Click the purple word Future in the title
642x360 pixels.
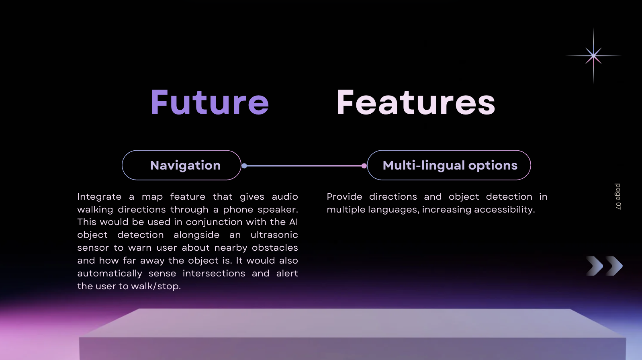(210, 102)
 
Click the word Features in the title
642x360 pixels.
(416, 102)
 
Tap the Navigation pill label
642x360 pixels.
(186, 166)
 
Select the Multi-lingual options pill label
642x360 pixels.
(450, 166)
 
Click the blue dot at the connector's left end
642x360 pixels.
(244, 166)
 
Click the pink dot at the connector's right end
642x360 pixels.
(364, 166)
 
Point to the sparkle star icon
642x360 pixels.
(593, 55)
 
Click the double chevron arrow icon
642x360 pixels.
(604, 266)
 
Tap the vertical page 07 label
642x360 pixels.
(618, 196)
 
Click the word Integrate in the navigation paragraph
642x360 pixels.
(100, 197)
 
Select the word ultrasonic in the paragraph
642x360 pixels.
(274, 235)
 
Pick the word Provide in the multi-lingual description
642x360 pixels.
(344, 196)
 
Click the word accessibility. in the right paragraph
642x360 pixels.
(505, 209)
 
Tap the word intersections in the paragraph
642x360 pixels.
(214, 274)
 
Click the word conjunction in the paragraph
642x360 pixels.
(214, 222)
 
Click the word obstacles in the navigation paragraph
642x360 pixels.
(275, 247)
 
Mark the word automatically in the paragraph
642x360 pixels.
(110, 274)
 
